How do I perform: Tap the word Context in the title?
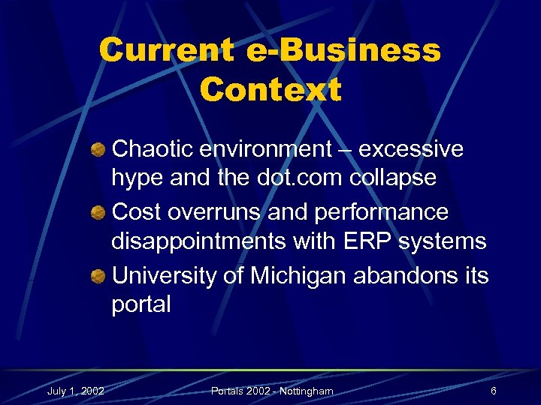270,90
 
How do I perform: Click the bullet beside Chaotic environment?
98,150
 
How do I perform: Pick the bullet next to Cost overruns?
98,213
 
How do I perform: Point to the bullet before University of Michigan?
98,276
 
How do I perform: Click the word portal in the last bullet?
141,304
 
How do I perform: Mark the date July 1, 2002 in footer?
75,391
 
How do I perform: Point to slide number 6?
493,391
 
